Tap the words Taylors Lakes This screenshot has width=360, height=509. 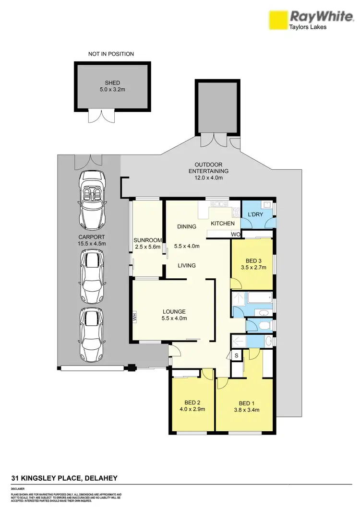coord(307,27)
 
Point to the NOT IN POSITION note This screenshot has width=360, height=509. coord(111,54)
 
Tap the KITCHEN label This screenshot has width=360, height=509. coord(223,224)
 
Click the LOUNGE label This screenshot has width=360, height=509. coord(174,311)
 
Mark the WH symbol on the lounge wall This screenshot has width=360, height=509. coord(135,317)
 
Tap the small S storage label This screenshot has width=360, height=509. coord(236,355)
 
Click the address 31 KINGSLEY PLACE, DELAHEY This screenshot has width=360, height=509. coord(64,478)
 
